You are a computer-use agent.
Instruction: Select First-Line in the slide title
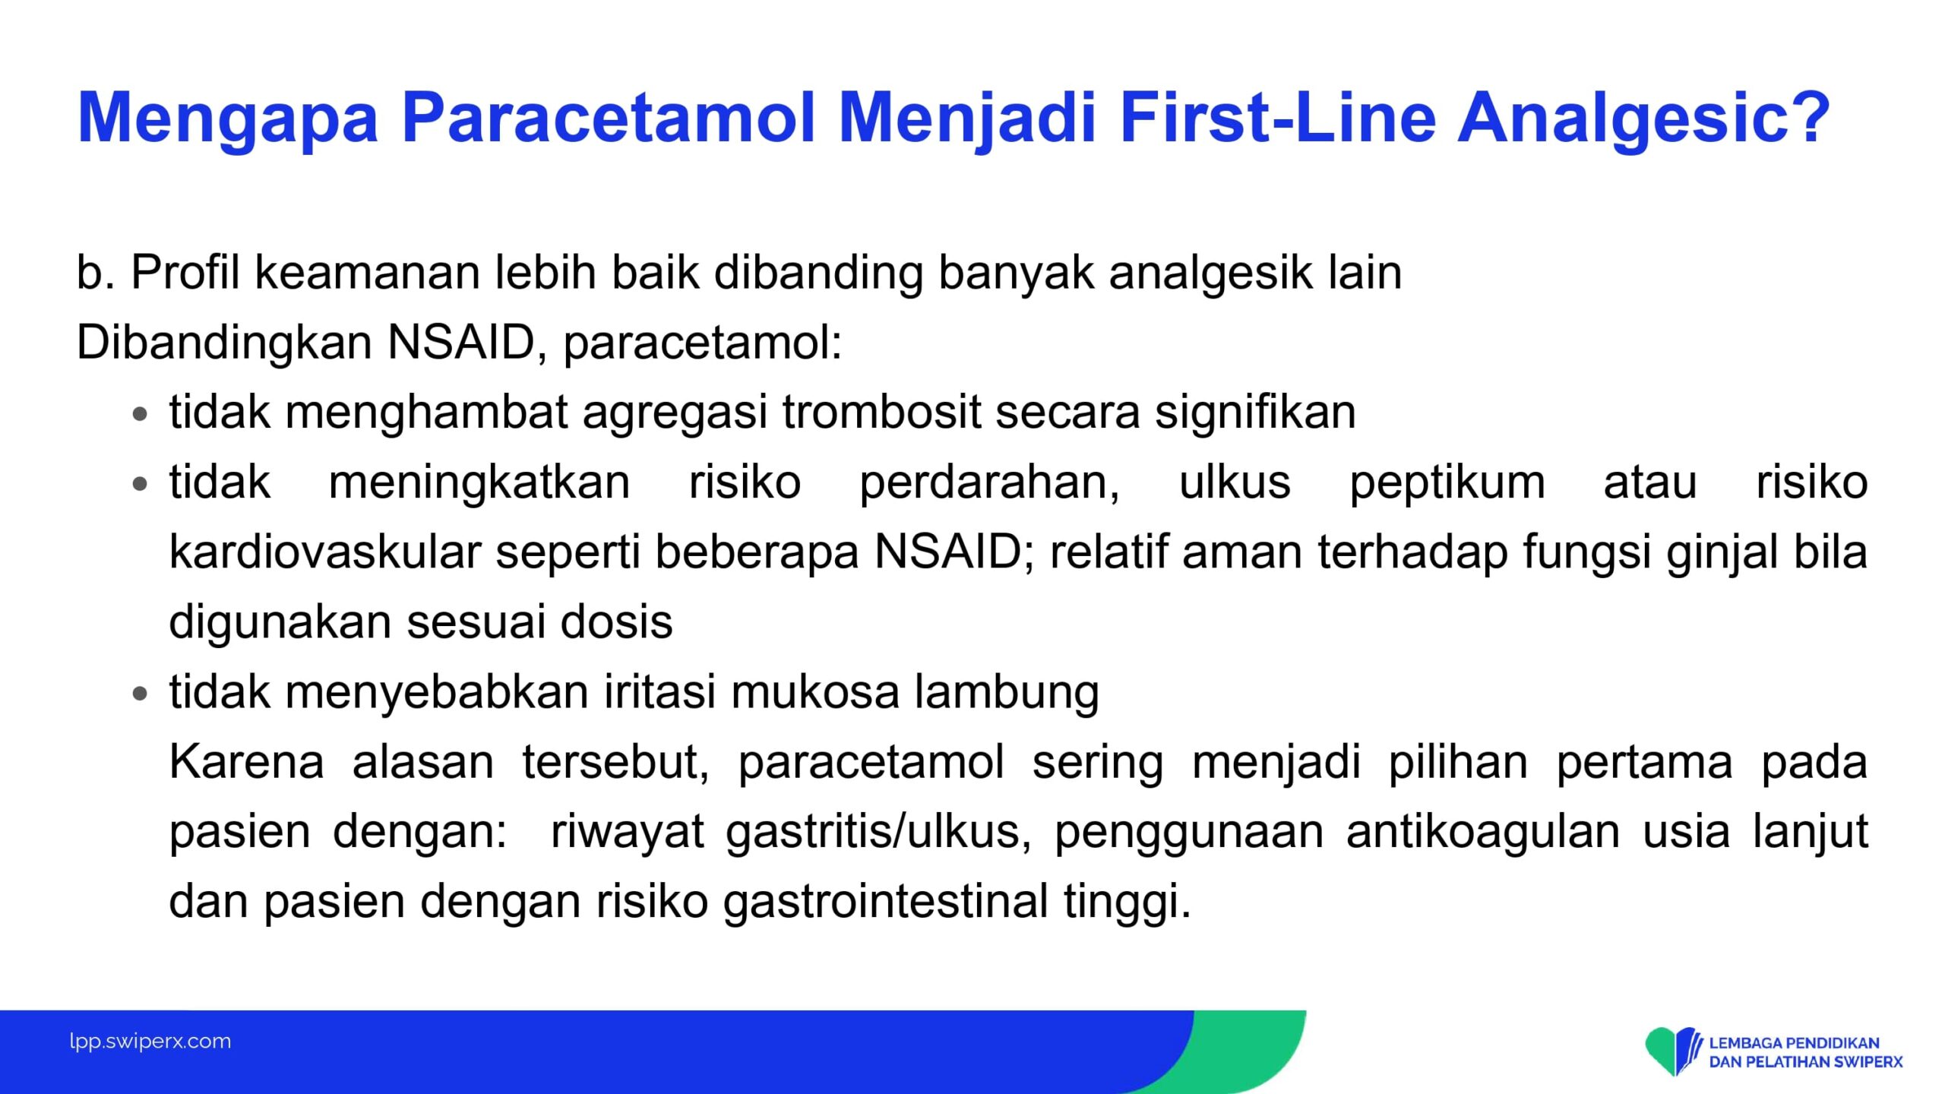pyautogui.click(x=1278, y=117)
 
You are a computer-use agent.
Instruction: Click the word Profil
pyautogui.click(x=185, y=271)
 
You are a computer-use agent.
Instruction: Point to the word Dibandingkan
pyautogui.click(x=224, y=343)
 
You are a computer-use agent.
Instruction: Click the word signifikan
pyautogui.click(x=1255, y=412)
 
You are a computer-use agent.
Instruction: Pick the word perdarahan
pyautogui.click(x=989, y=482)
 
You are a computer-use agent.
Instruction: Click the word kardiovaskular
pyautogui.click(x=325, y=552)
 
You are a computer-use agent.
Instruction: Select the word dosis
pyautogui.click(x=616, y=621)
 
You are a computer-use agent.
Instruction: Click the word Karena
pyautogui.click(x=247, y=762)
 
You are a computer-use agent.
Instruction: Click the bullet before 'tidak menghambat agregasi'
pyautogui.click(x=139, y=415)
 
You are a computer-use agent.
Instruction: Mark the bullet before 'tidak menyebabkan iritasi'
pyautogui.click(x=139, y=694)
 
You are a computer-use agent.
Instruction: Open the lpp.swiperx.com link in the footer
pyautogui.click(x=150, y=1042)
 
